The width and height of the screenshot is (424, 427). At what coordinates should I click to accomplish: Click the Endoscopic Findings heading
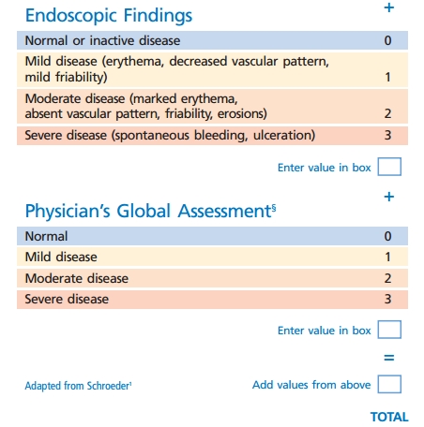coord(109,16)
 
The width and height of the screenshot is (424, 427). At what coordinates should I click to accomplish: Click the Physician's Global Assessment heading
coord(148,211)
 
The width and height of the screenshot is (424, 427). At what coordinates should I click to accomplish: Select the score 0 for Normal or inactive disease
coord(387,41)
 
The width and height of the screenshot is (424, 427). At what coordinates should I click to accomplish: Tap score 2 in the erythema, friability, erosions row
coord(387,113)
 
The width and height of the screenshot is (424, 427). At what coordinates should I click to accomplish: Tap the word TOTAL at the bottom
coord(389,416)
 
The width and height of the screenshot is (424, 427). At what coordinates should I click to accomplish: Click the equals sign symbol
coord(388,358)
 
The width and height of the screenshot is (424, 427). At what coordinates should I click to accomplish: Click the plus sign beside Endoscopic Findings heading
coord(389,8)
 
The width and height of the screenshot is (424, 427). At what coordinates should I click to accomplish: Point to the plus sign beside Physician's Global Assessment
coord(389,198)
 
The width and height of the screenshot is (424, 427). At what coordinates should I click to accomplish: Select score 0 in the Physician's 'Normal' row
coord(387,237)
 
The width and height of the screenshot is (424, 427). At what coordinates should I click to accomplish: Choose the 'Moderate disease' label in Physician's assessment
coord(77,279)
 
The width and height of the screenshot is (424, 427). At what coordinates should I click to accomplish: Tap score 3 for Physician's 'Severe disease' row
coord(387,300)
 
